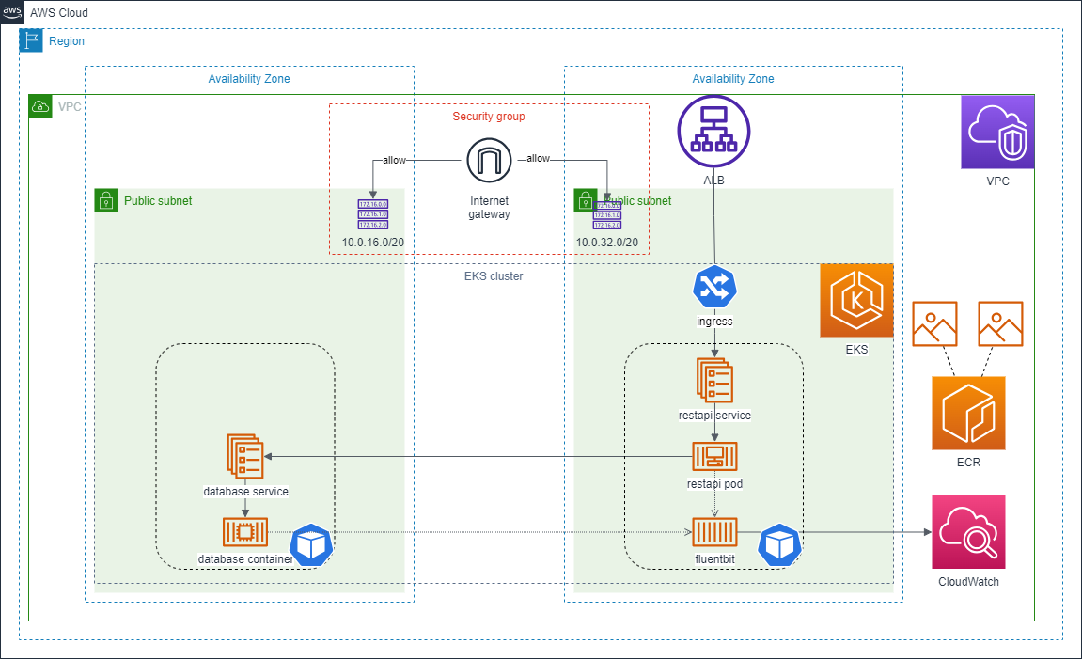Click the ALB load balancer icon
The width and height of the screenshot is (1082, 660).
click(714, 133)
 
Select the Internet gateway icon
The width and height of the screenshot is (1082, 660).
click(489, 161)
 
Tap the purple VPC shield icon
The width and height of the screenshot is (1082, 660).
click(996, 133)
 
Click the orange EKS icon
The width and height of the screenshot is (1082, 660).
click(855, 300)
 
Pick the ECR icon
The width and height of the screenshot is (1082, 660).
click(968, 413)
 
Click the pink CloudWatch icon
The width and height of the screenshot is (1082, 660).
click(968, 532)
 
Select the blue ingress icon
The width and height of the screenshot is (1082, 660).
click(714, 288)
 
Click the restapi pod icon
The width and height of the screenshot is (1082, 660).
click(714, 457)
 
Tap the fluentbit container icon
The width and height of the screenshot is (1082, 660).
click(714, 532)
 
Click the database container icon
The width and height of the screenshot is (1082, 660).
click(245, 532)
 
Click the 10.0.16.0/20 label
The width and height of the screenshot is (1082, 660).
click(372, 243)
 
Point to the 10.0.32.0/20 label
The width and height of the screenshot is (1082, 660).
click(607, 243)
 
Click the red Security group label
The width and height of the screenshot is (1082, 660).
click(489, 117)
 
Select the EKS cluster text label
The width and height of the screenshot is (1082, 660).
click(494, 276)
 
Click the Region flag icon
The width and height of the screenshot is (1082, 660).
click(31, 40)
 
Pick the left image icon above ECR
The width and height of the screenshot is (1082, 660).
click(934, 323)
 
